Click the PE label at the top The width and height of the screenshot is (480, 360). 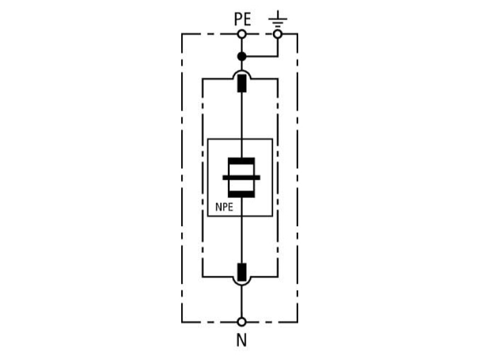point(242,19)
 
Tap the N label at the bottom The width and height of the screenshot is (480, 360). point(242,340)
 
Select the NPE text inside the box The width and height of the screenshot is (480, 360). point(224,207)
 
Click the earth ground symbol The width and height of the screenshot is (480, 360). point(278,19)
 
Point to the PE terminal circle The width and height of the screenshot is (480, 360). point(242,34)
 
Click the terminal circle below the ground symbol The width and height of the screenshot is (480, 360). point(278,34)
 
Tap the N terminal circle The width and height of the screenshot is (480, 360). point(242,322)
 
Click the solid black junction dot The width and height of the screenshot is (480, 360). point(242,56)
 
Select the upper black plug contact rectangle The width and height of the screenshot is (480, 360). point(242,83)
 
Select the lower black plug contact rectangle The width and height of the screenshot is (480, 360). point(242,272)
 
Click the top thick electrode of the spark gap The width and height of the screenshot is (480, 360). point(242,161)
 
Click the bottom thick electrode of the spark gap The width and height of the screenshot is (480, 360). point(242,194)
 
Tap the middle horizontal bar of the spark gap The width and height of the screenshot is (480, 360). point(242,178)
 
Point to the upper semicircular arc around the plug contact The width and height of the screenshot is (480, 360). point(242,70)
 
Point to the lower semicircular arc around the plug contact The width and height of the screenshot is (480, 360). point(242,285)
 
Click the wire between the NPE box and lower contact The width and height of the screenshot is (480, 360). point(242,239)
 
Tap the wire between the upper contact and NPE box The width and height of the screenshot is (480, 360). point(242,115)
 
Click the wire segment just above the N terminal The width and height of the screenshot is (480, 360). point(242,302)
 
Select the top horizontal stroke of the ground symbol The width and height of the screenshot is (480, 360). point(278,19)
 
